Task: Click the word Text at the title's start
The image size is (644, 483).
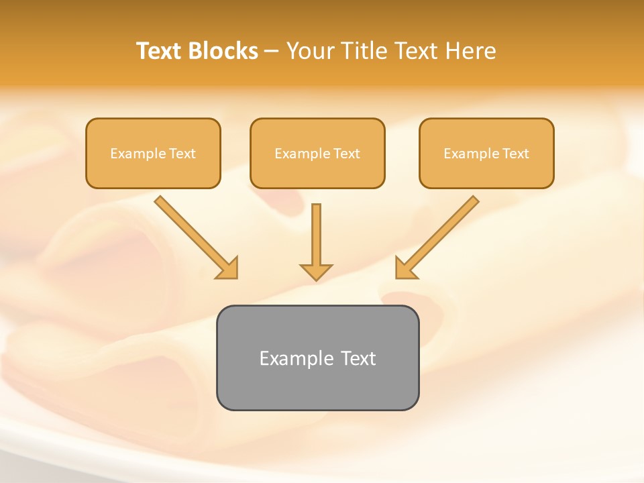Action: tap(160, 51)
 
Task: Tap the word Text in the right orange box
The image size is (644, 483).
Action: tap(516, 154)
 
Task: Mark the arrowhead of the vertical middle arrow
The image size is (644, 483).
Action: tap(316, 272)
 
